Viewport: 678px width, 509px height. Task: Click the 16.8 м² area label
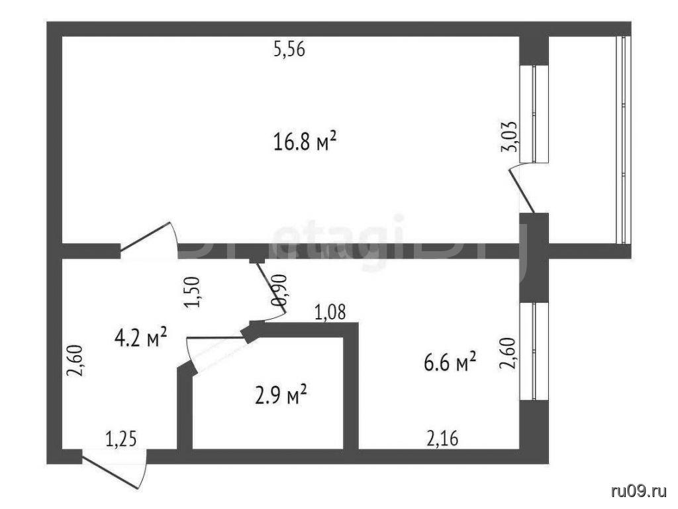(x=305, y=142)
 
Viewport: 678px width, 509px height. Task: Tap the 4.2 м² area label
(x=141, y=337)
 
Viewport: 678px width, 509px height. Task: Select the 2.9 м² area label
(x=281, y=395)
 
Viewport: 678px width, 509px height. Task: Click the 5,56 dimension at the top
(x=289, y=49)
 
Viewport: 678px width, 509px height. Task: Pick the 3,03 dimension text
(x=508, y=137)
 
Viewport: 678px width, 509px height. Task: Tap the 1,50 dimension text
(x=193, y=292)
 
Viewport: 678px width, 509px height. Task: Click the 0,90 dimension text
(x=278, y=290)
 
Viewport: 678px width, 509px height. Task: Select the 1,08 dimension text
(x=330, y=311)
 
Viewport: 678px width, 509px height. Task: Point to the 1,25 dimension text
(x=122, y=439)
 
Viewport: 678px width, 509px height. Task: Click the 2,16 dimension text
(x=442, y=439)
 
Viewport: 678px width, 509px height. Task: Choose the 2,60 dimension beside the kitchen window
(x=508, y=353)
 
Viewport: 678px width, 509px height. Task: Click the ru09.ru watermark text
(x=639, y=491)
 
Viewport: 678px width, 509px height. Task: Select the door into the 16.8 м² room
(x=148, y=237)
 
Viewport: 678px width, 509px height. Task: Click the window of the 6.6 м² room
(x=534, y=351)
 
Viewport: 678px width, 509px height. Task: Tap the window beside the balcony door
(x=534, y=114)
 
